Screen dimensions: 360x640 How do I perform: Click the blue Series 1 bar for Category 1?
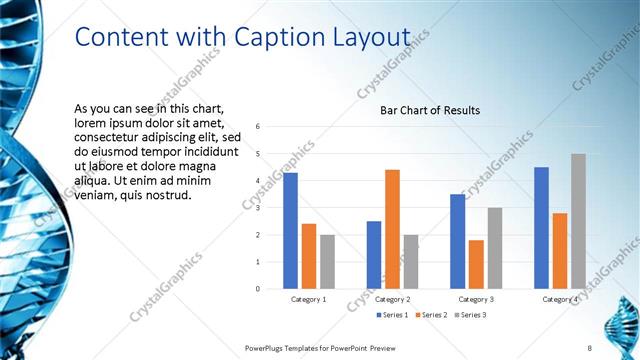pyautogui.click(x=290, y=231)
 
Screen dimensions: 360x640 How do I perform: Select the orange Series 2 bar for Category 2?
pyautogui.click(x=392, y=229)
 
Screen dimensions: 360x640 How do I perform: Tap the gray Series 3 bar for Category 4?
pyautogui.click(x=578, y=221)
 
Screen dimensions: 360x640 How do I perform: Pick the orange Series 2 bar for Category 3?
pyautogui.click(x=476, y=264)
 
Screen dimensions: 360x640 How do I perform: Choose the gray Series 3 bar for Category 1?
pyautogui.click(x=327, y=262)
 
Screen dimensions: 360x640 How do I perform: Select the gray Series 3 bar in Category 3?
pyautogui.click(x=494, y=248)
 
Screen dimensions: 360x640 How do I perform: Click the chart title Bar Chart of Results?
pyautogui.click(x=430, y=110)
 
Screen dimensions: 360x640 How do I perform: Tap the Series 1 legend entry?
pyautogui.click(x=392, y=315)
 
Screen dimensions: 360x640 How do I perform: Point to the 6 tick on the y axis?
pyautogui.click(x=258, y=127)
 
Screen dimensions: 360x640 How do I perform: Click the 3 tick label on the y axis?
pyautogui.click(x=258, y=208)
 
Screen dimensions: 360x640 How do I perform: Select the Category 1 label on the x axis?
pyautogui.click(x=308, y=299)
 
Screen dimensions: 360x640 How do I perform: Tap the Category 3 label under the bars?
pyautogui.click(x=476, y=299)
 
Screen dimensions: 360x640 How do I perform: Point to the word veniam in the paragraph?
pyautogui.click(x=96, y=195)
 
